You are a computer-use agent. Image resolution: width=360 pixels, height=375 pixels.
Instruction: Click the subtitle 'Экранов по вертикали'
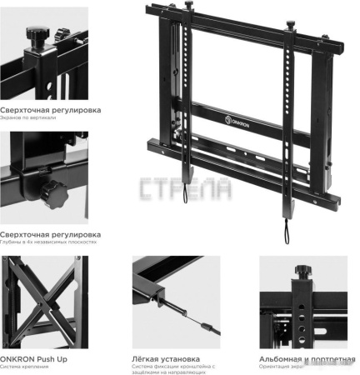(x=28, y=117)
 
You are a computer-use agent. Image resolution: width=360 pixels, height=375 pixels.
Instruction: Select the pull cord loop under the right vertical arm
(x=287, y=232)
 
